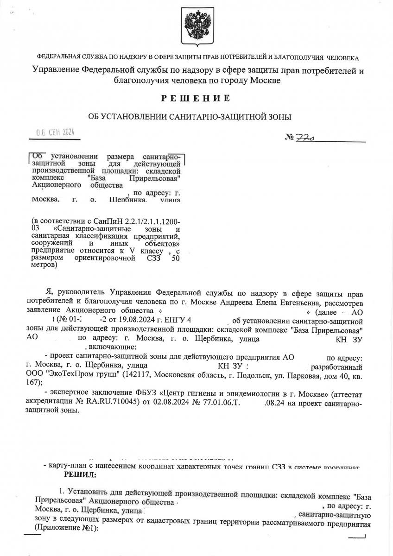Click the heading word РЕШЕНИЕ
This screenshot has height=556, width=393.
point(196,98)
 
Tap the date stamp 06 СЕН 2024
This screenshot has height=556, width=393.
point(55,133)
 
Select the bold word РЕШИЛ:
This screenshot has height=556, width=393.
point(80,475)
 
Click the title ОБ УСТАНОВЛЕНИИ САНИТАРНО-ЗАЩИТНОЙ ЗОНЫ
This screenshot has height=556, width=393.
point(192,117)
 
